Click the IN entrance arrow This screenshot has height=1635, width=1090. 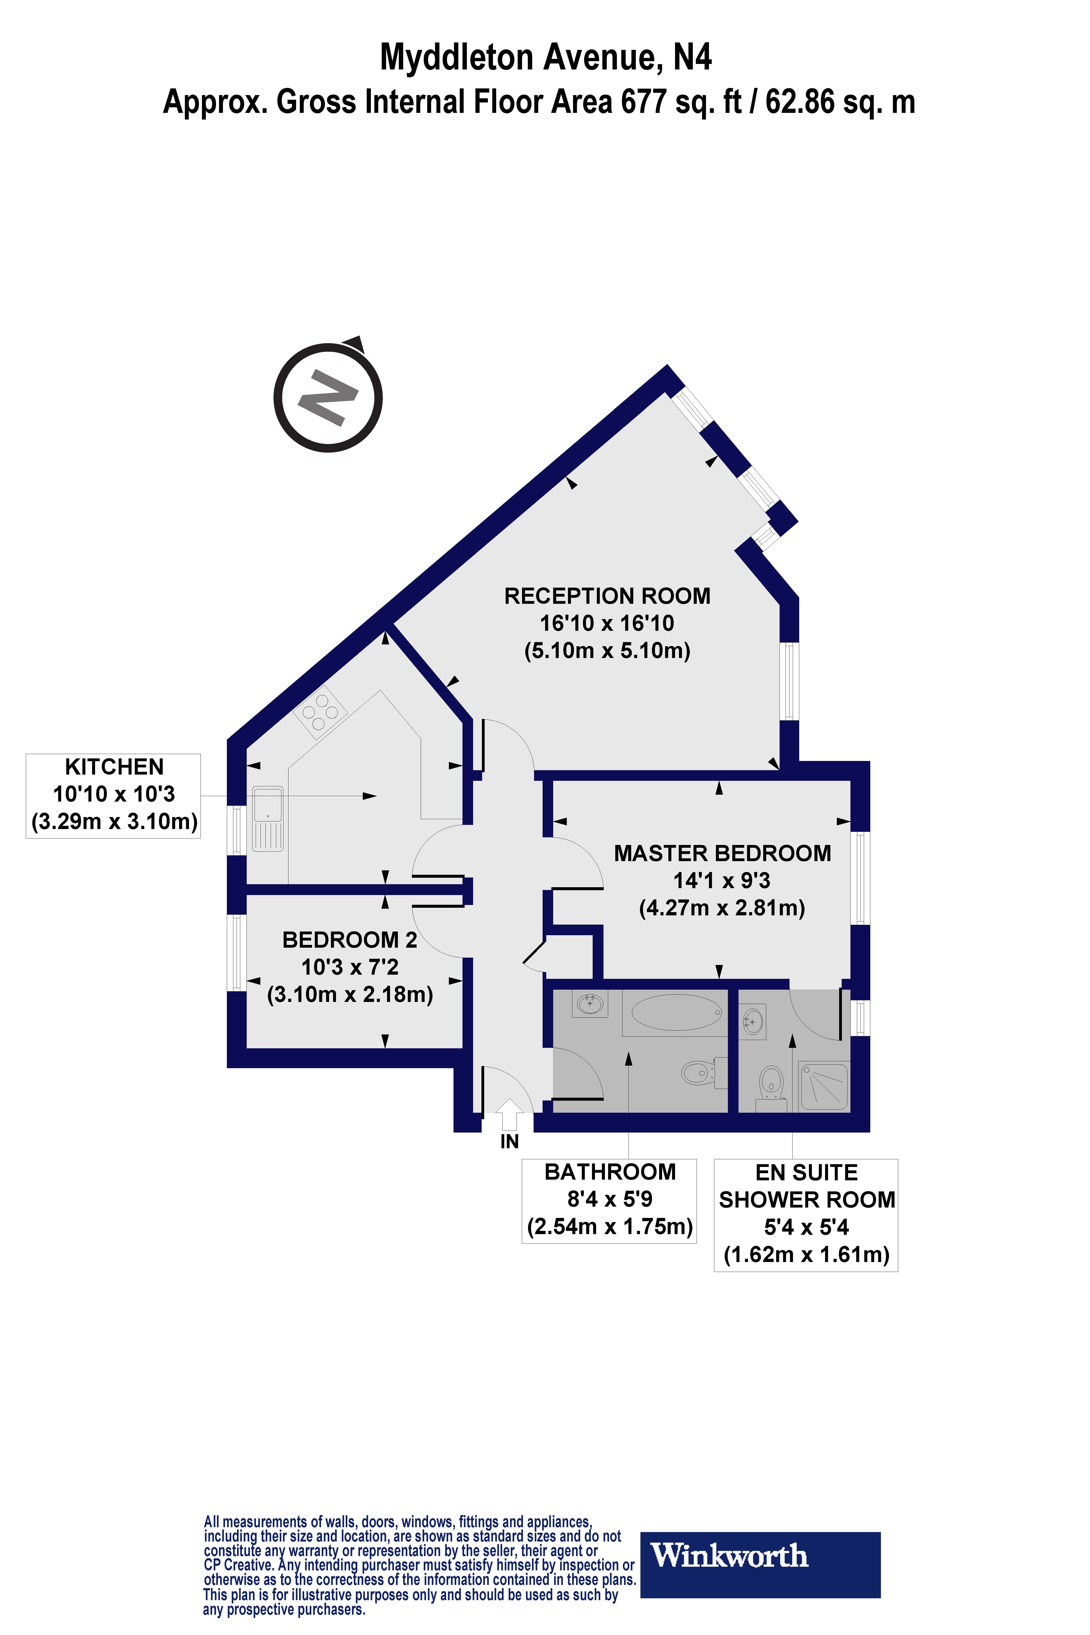(x=510, y=1114)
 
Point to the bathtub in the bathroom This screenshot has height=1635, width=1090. (x=676, y=1011)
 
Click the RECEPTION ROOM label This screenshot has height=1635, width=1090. (x=607, y=596)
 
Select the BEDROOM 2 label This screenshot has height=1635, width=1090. (x=350, y=940)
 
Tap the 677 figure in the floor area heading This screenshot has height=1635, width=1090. (x=643, y=102)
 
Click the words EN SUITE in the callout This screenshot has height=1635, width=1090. (x=806, y=1173)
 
